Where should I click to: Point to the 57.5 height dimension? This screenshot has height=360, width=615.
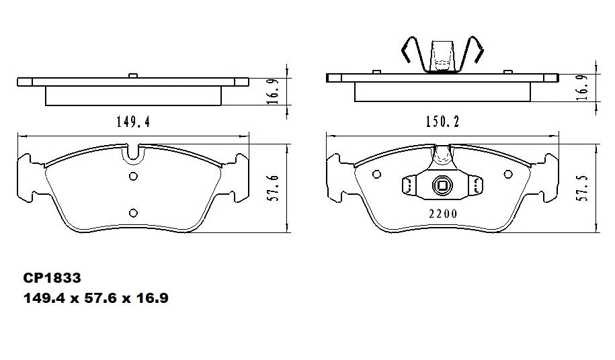tap(583, 187)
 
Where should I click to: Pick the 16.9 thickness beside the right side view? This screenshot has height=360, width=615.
tap(583, 87)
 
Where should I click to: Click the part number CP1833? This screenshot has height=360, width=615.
tap(52, 277)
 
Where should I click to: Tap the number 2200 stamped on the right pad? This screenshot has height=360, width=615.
tap(442, 214)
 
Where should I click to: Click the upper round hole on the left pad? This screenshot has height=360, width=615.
tap(133, 177)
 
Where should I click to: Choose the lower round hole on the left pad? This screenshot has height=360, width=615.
tap(133, 213)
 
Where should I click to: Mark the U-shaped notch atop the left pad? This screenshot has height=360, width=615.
tap(133, 155)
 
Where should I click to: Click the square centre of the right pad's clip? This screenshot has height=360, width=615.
tap(442, 186)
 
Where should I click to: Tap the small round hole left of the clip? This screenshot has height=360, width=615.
tap(377, 173)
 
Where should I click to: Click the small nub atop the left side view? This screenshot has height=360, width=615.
tap(133, 75)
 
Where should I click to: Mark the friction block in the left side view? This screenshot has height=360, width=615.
tap(133, 95)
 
